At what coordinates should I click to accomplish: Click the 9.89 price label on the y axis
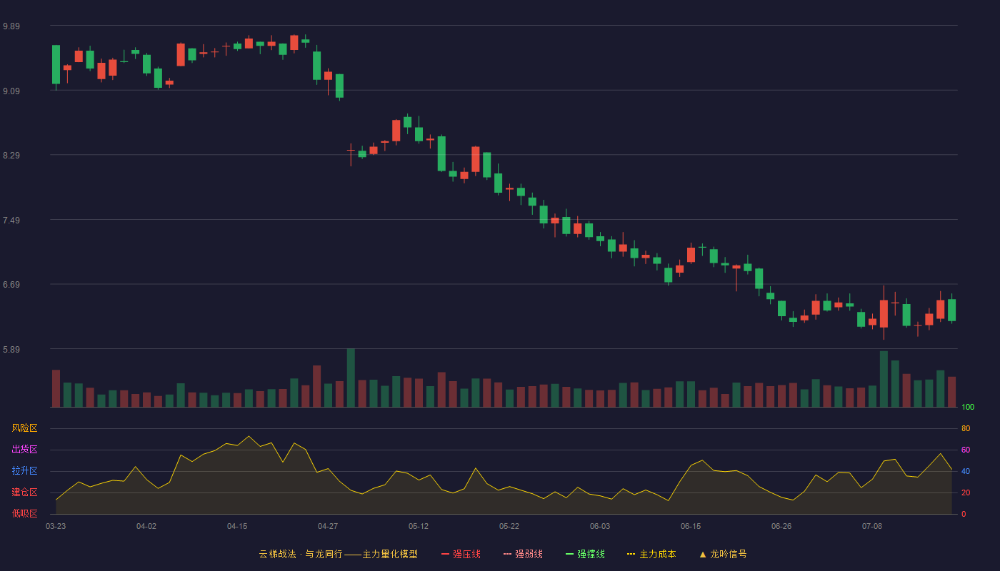[x=11, y=26]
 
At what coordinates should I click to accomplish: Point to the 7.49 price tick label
[x=11, y=221]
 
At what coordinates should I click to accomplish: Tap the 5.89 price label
[x=11, y=349]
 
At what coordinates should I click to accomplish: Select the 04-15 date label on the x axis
[x=237, y=527]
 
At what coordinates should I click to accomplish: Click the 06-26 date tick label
[x=781, y=527]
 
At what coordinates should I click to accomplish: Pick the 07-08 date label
[x=872, y=527]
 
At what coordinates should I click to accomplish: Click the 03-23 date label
[x=56, y=527]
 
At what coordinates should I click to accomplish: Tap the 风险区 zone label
[x=24, y=428]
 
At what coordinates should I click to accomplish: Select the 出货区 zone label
[x=24, y=449]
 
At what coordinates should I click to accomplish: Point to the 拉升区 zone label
[x=24, y=470]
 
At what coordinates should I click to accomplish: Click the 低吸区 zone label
[x=24, y=513]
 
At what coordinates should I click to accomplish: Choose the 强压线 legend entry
[x=461, y=554]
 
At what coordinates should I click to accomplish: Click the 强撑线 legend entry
[x=585, y=554]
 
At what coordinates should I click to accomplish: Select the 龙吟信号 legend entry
[x=723, y=554]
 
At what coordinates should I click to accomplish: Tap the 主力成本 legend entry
[x=651, y=554]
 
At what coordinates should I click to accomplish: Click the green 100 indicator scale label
[x=968, y=407]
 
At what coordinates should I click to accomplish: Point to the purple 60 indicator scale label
[x=966, y=450]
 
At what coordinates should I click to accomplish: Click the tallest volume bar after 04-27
[x=351, y=378]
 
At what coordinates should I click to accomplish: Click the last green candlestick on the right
[x=951, y=310]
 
